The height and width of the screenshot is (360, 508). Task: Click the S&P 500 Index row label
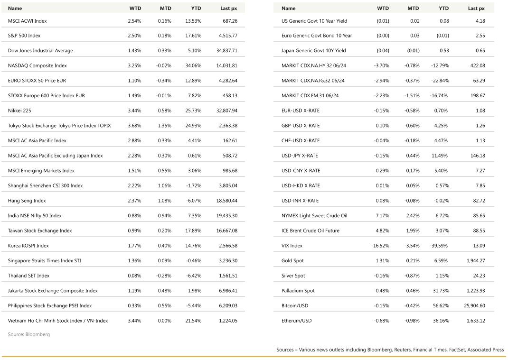24,36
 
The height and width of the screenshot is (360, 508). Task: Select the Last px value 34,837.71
226,51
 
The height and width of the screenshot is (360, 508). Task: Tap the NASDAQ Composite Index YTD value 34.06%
193,65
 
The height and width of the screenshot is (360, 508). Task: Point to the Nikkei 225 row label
19,111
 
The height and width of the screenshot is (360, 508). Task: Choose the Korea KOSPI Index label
28,246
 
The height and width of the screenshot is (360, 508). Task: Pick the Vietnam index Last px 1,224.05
228,321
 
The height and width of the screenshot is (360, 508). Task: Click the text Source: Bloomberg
28,334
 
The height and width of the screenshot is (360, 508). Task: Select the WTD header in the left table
135,8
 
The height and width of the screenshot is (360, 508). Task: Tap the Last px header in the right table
476,8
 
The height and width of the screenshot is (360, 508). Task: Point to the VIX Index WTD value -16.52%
380,246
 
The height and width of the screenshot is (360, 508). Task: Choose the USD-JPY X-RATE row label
300,156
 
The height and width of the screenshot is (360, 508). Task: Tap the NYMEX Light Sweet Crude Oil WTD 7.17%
383,215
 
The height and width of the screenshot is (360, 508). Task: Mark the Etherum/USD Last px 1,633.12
475,321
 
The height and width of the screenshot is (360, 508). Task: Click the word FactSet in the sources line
456,350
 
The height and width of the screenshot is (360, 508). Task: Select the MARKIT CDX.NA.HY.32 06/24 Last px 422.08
477,65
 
